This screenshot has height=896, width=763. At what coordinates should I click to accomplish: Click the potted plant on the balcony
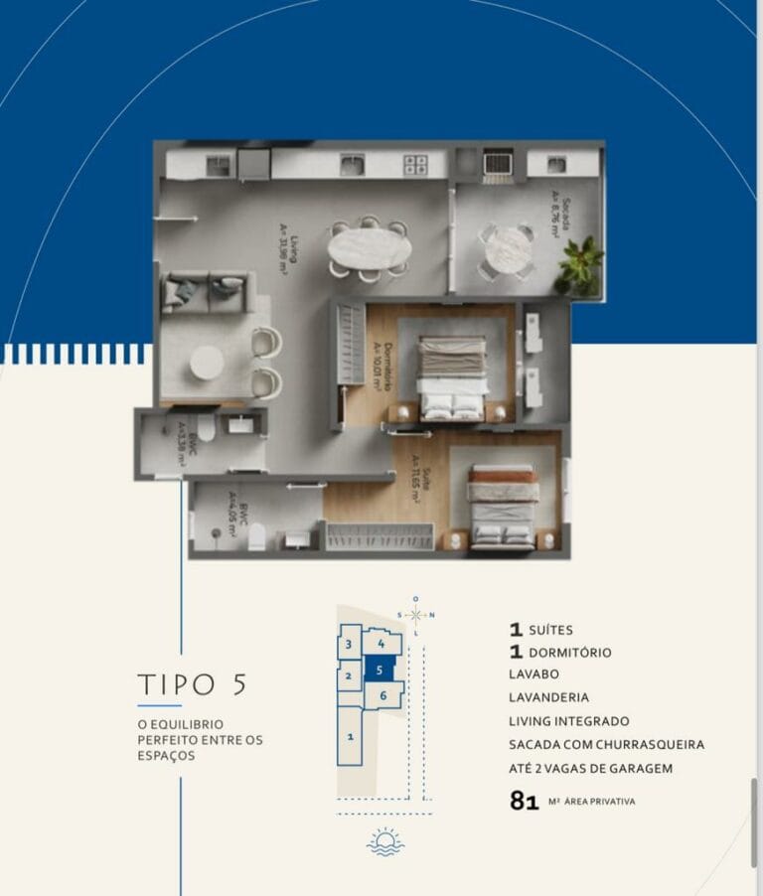point(579,265)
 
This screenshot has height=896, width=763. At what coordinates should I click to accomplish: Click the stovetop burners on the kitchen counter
point(415,165)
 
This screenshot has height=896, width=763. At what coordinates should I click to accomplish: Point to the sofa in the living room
point(204,291)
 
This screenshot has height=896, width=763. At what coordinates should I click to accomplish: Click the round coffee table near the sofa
point(207,364)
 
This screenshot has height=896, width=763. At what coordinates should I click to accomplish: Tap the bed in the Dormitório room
point(452,377)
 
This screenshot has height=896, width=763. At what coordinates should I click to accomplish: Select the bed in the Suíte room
point(503,508)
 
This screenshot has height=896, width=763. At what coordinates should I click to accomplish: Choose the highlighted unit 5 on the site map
point(380,671)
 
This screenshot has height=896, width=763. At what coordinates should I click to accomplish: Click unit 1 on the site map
point(350,736)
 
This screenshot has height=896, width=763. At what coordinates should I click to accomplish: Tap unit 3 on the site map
point(349,645)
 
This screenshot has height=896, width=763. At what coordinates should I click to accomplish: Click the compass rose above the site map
point(416,614)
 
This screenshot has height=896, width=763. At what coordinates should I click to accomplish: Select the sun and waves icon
point(384,841)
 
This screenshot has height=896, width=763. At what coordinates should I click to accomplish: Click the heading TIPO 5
point(192,684)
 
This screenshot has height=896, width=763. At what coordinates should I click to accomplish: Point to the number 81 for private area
point(524,801)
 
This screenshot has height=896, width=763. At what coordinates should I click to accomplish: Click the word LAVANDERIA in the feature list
point(547,698)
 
